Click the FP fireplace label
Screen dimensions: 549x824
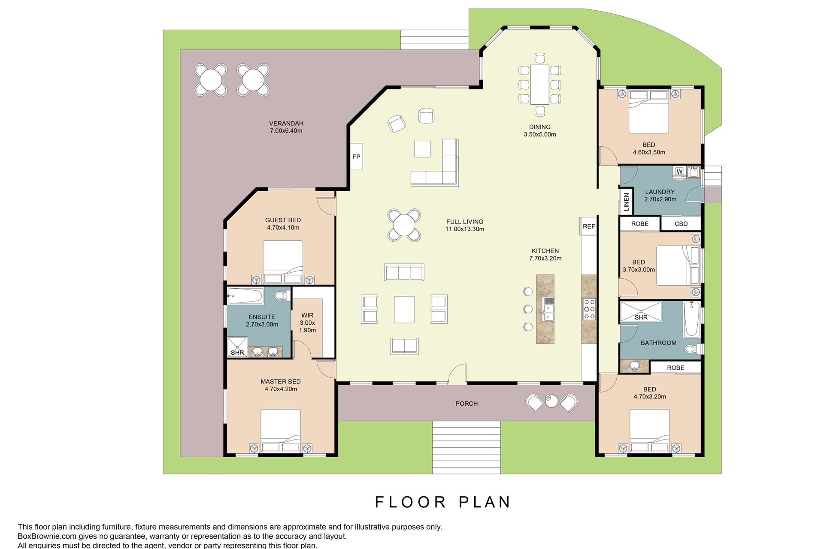tap(356, 157)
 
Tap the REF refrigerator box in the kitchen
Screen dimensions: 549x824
tap(589, 226)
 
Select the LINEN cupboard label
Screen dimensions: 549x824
tap(626, 202)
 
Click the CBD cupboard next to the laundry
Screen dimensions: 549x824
tap(681, 223)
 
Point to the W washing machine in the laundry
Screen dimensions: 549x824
tap(679, 171)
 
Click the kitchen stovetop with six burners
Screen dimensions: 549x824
tap(589, 309)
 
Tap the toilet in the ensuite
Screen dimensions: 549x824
tap(281, 296)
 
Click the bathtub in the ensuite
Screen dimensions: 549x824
tap(245, 296)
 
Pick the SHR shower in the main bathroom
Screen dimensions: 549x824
tap(641, 312)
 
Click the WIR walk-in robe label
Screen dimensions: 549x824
tap(307, 315)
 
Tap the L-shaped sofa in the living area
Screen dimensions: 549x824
tap(442, 167)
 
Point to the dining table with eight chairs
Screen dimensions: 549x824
tap(539, 84)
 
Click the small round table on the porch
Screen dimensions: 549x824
tap(551, 401)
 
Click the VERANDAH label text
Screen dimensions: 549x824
tap(286, 123)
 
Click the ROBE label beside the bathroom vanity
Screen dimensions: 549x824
tap(676, 368)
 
